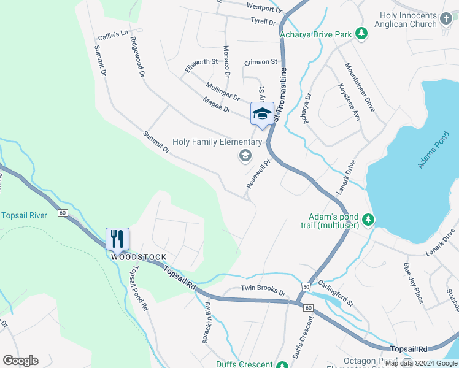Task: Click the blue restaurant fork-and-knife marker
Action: coord(117,238)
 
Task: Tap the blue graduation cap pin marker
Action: coord(262,113)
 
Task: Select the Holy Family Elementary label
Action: coord(217,142)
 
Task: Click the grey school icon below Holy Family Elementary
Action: coord(245,156)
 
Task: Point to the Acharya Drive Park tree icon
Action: coord(362,34)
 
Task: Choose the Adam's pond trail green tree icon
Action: coord(368,219)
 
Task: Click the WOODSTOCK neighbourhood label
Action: coord(139,257)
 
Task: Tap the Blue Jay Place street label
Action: coord(413,283)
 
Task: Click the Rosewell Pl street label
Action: coord(258,175)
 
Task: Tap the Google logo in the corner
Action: coord(20,361)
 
